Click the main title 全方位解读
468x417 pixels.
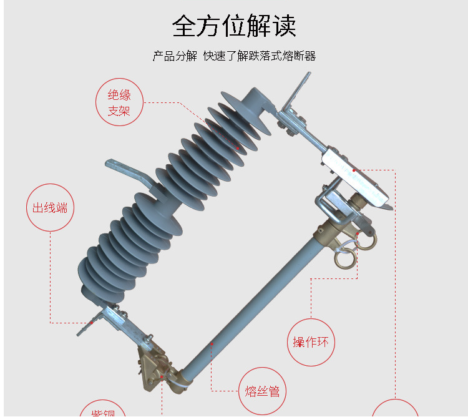click(x=234, y=26)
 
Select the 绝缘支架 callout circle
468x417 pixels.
click(x=119, y=103)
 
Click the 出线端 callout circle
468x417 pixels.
click(x=50, y=208)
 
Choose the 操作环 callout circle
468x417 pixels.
click(x=311, y=341)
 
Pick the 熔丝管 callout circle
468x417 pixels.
click(x=262, y=391)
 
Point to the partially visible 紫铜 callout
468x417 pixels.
click(x=102, y=409)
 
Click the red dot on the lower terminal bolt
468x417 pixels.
click(x=92, y=323)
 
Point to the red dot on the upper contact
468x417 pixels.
click(x=353, y=170)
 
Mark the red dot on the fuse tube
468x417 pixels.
click(x=212, y=343)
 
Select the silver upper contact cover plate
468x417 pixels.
click(x=356, y=178)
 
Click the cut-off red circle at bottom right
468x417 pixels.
click(x=394, y=409)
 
